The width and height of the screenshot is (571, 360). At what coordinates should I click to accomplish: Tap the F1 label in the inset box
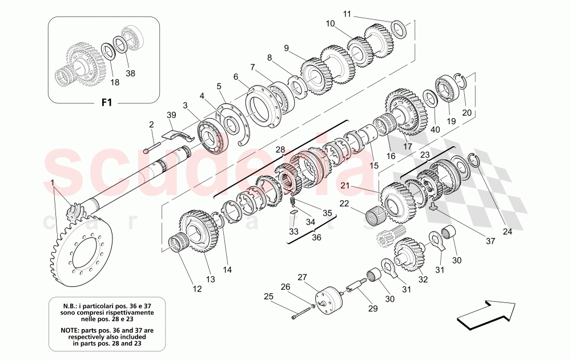pyautogui.click(x=104, y=103)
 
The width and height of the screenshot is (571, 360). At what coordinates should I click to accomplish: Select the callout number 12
pyautogui.click(x=197, y=289)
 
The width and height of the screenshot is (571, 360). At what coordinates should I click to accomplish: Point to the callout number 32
pyautogui.click(x=423, y=280)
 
